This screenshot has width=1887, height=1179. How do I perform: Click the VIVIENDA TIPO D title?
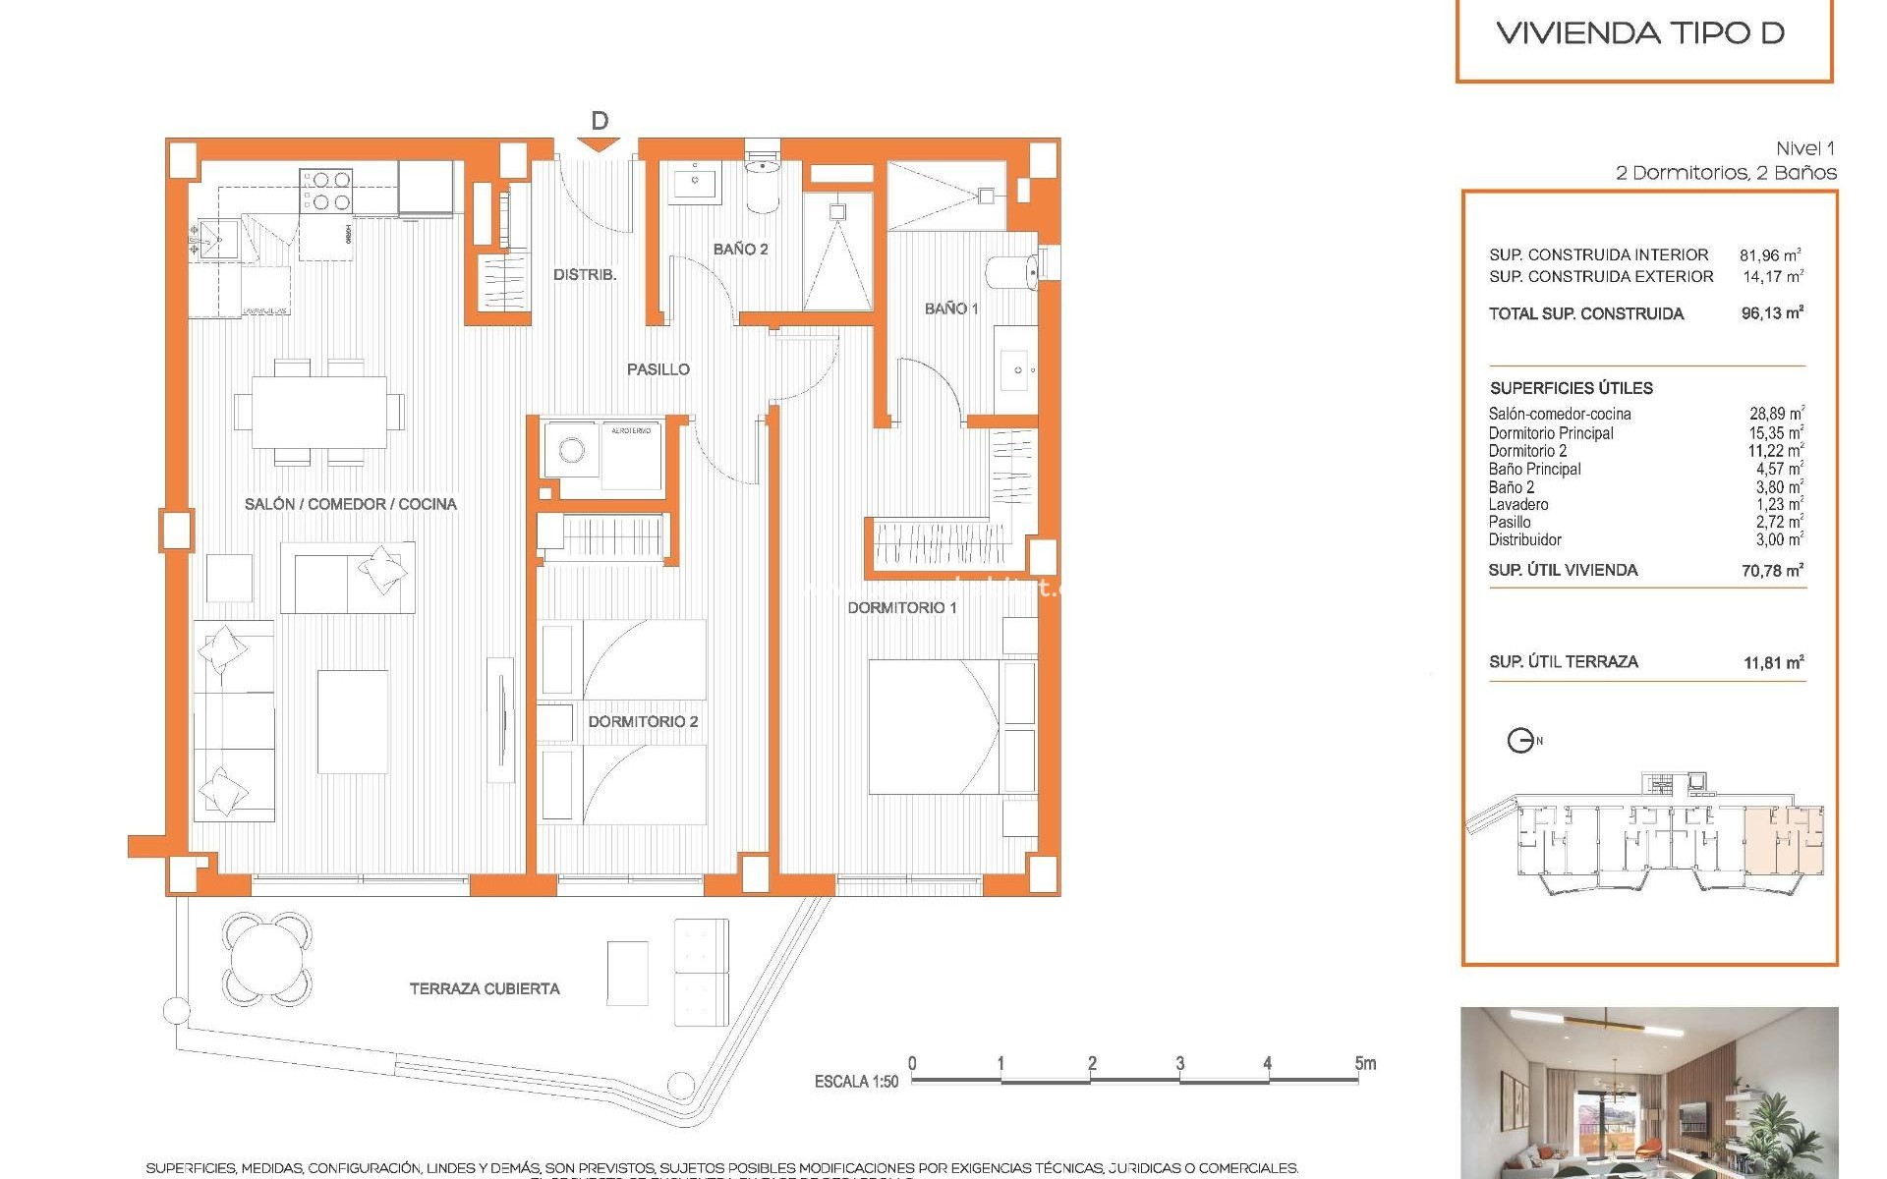1640,33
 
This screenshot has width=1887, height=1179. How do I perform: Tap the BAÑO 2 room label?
740,250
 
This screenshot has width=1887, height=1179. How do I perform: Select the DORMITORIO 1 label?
901,608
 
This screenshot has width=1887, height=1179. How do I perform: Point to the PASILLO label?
658,369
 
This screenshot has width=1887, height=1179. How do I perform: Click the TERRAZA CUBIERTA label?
485,989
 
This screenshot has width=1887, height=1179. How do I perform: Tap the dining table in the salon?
318,412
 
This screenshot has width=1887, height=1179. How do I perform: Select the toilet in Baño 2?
763,185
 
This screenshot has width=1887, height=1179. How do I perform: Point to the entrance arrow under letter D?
599,145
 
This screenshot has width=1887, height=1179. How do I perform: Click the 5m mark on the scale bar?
1364,1064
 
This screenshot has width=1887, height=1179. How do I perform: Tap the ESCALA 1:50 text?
856,1082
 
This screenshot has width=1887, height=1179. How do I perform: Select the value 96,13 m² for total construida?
1772,313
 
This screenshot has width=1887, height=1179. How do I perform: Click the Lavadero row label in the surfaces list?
1517,505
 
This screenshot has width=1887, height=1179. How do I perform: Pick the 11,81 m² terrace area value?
1773,663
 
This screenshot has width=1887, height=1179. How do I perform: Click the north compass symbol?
1521,741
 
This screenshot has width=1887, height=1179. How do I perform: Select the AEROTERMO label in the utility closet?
630,431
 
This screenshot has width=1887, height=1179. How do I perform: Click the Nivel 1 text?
1804,148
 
